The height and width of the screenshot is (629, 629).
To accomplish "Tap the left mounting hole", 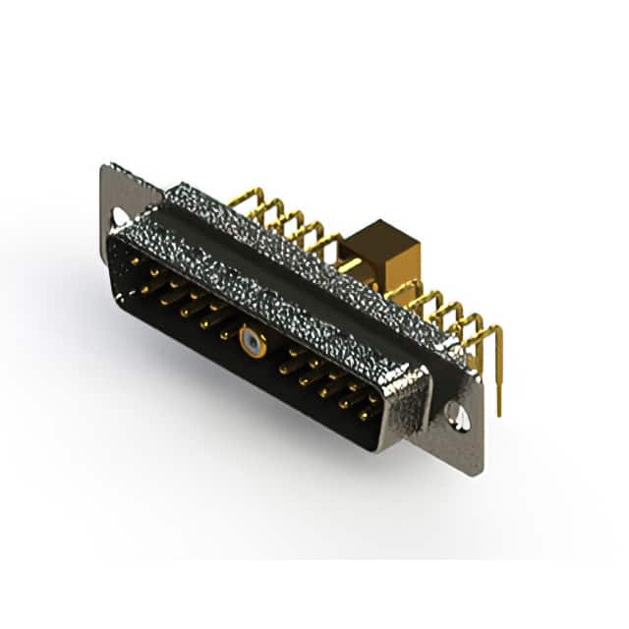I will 120,216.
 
